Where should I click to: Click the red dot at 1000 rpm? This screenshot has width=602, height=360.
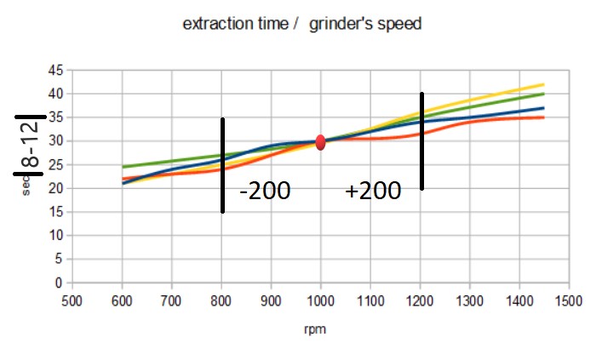[320, 142]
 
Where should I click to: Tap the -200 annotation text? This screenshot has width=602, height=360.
[265, 191]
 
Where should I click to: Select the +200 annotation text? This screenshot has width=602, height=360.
[372, 191]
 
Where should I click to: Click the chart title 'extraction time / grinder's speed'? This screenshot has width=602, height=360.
[302, 24]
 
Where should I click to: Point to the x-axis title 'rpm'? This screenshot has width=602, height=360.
[320, 328]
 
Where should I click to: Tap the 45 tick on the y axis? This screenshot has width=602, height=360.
[56, 70]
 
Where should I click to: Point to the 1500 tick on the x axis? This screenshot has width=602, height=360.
[569, 300]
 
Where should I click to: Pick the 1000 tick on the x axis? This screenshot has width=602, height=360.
[320, 300]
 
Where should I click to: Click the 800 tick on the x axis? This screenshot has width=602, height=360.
[221, 300]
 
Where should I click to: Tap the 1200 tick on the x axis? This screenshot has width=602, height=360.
[420, 300]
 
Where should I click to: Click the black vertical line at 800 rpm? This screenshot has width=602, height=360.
[222, 165]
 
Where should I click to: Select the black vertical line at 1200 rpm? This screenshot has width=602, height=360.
[421, 140]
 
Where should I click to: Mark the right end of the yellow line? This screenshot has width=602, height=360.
[543, 84]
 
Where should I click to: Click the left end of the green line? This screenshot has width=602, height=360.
[123, 167]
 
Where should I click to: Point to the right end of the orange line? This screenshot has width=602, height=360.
[543, 117]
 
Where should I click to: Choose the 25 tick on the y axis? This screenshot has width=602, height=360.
[56, 164]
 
